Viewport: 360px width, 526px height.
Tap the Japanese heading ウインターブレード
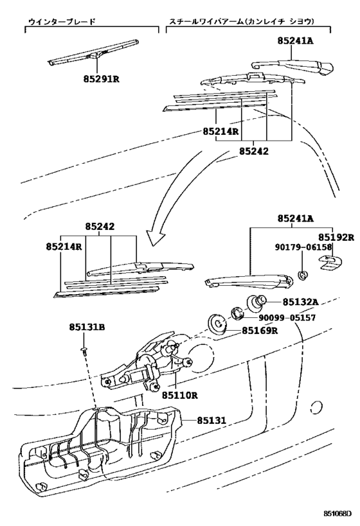(x=62, y=21)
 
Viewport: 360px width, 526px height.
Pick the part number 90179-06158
(x=305, y=247)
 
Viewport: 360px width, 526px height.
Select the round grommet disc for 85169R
(x=218, y=325)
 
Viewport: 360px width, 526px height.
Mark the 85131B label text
(x=86, y=327)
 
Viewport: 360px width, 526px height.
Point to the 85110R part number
(x=179, y=395)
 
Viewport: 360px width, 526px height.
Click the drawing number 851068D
(x=337, y=514)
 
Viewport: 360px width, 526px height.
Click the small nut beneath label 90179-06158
(x=302, y=276)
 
